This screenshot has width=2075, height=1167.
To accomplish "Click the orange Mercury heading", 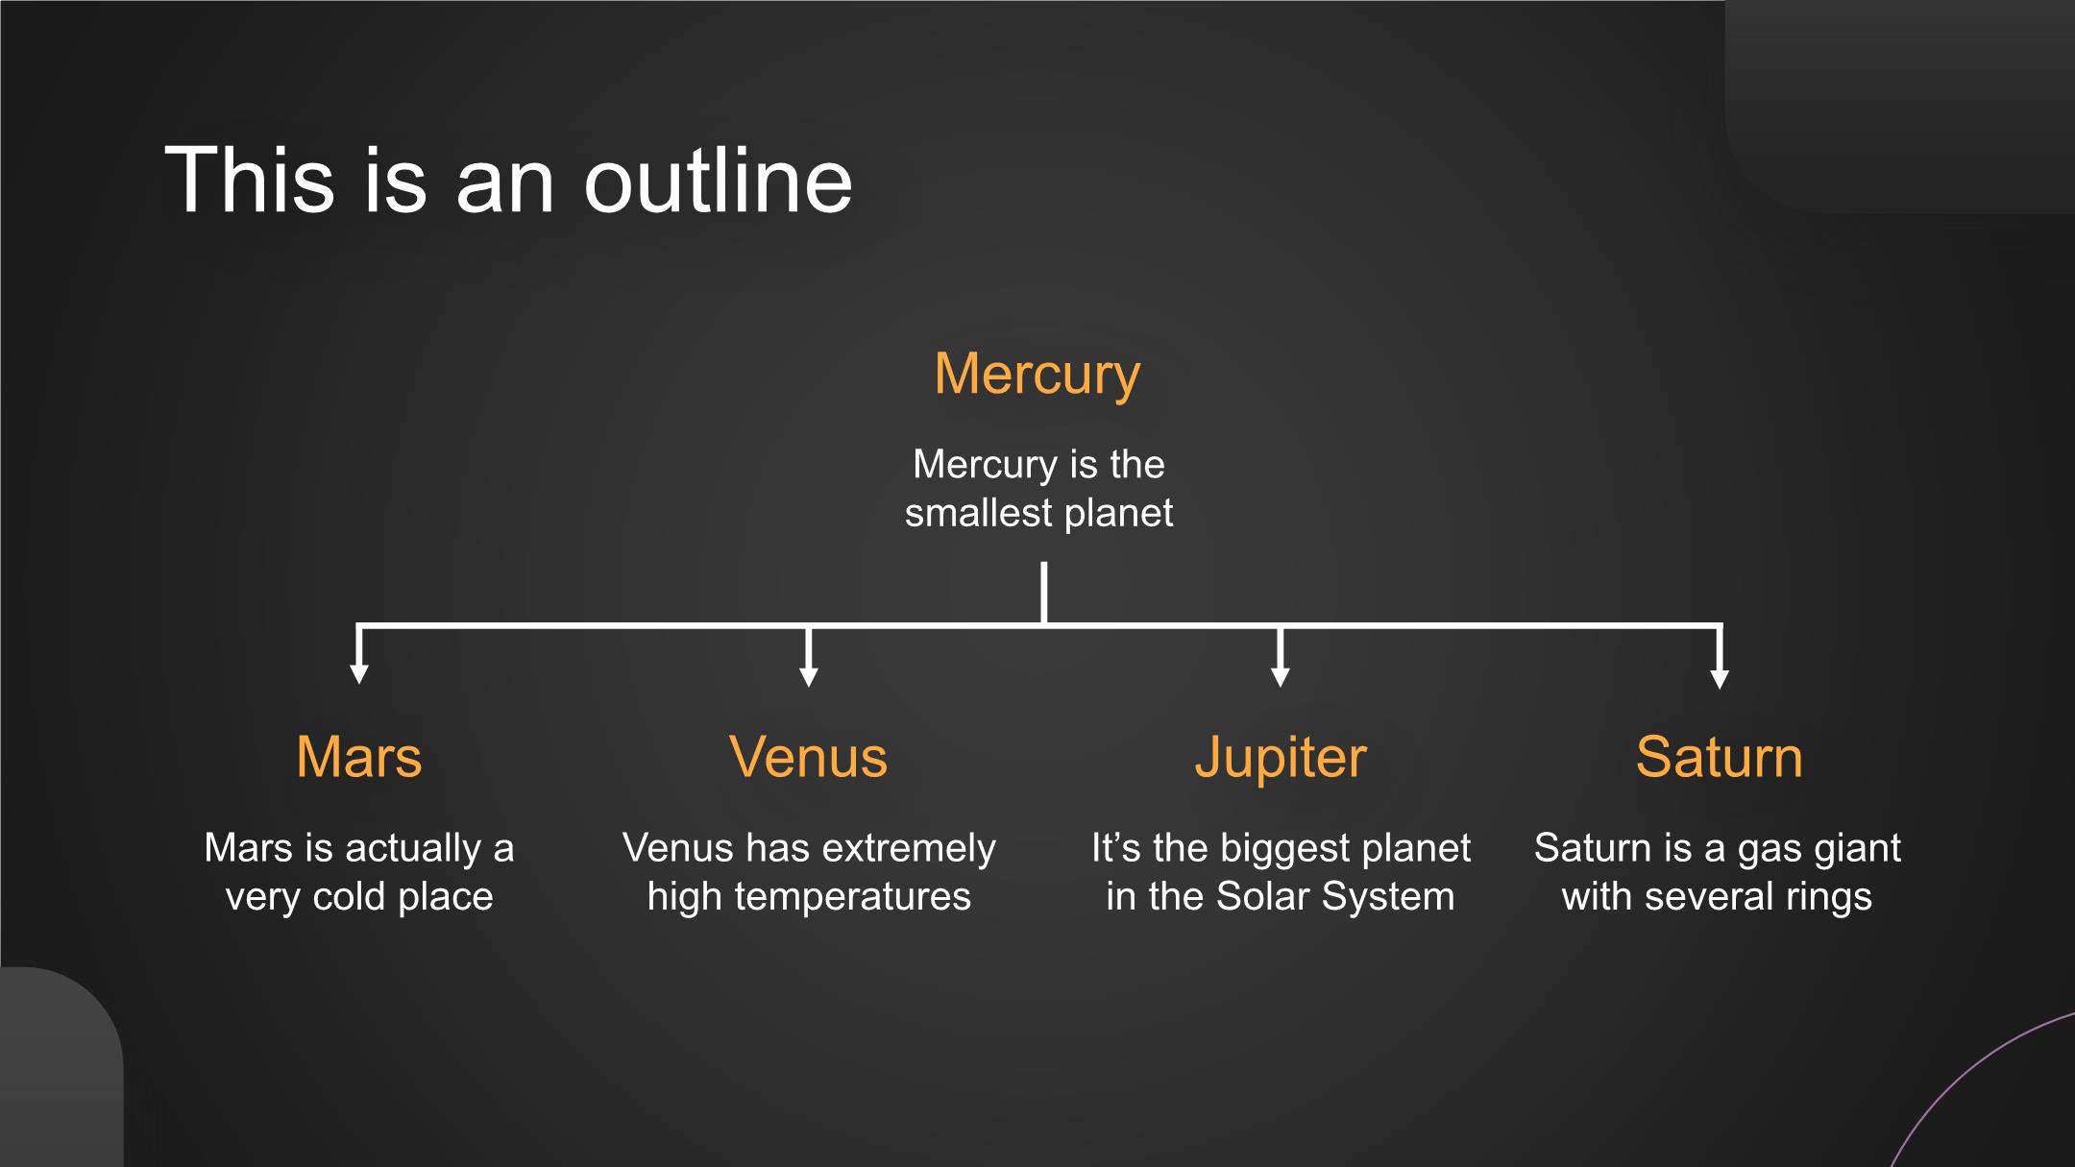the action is point(1037,375).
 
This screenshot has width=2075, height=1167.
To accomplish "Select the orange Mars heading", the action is point(359,757).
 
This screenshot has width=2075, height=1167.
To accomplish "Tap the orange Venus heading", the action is point(809,757).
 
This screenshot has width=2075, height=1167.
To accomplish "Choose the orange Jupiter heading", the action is point(1280,759).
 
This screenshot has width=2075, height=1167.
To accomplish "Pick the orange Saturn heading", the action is point(1720,757).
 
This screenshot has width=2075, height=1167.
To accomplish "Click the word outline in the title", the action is point(718,180).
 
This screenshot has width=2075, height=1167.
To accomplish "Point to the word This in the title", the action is point(250,180).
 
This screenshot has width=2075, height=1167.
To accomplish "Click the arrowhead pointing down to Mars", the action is point(359,673).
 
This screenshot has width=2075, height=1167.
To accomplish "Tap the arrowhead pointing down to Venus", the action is point(809,676).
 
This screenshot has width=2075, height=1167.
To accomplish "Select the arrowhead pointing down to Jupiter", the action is point(1280,676).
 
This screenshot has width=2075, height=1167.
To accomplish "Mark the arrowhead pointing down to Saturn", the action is point(1720,678).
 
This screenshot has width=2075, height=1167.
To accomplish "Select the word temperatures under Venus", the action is point(852,897).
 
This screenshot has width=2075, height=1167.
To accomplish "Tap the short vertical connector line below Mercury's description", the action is point(1043,594).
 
